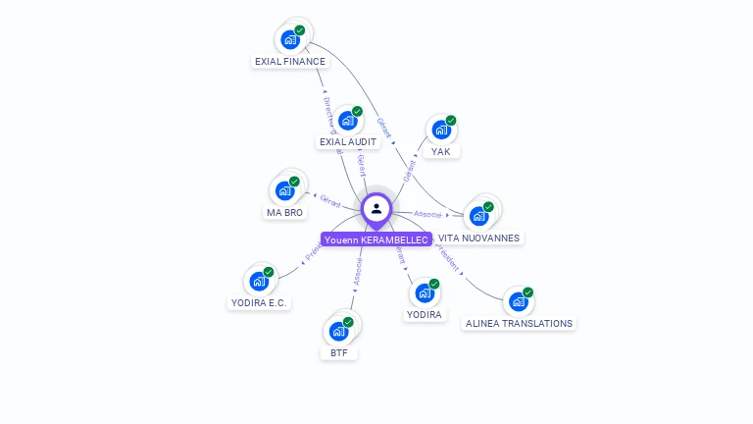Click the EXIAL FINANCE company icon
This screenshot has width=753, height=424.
point(289,39)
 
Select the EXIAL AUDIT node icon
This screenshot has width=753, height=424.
point(347,121)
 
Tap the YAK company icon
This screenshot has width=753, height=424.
point(440,130)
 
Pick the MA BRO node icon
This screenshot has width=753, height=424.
point(284,190)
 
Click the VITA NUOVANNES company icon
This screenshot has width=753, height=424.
point(478,215)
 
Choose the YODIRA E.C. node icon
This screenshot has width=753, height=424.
point(259,281)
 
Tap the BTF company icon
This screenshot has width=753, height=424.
point(338,331)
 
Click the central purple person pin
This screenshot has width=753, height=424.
point(376,209)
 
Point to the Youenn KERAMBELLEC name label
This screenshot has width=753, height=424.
point(376,239)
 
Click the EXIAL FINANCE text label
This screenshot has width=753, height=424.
point(289,61)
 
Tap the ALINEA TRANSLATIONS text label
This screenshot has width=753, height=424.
point(519,323)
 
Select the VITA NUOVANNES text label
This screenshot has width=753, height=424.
point(479,238)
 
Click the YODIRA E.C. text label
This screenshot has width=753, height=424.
point(259,302)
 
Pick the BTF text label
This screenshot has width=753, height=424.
point(339,352)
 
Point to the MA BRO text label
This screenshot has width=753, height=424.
point(284,212)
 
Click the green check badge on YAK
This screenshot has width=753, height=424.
point(451,121)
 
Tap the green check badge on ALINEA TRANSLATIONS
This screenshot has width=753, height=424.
point(527,292)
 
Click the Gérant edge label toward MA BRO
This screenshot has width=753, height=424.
point(330,200)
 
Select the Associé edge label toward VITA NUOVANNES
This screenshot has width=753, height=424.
point(427,213)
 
